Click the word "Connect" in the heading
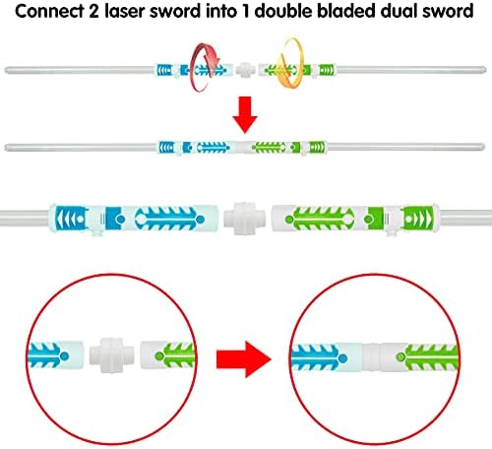tap(49, 11)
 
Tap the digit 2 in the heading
tap(94, 11)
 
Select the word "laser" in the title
tap(125, 11)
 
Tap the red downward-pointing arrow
tap(245, 114)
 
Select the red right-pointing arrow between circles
tap(243, 359)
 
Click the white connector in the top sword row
tap(245, 70)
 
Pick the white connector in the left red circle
tap(111, 355)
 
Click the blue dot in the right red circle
tap(343, 358)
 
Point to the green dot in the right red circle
tap(400, 356)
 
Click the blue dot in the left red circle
tap(65, 355)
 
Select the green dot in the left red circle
tap(159, 355)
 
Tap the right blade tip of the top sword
tap(485, 70)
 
